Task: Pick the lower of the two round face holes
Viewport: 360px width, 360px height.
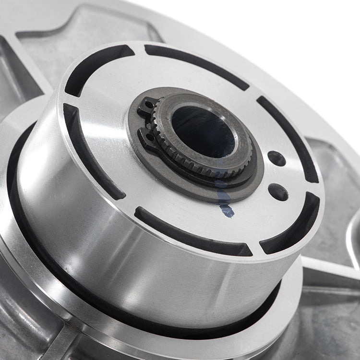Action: point(278,192)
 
